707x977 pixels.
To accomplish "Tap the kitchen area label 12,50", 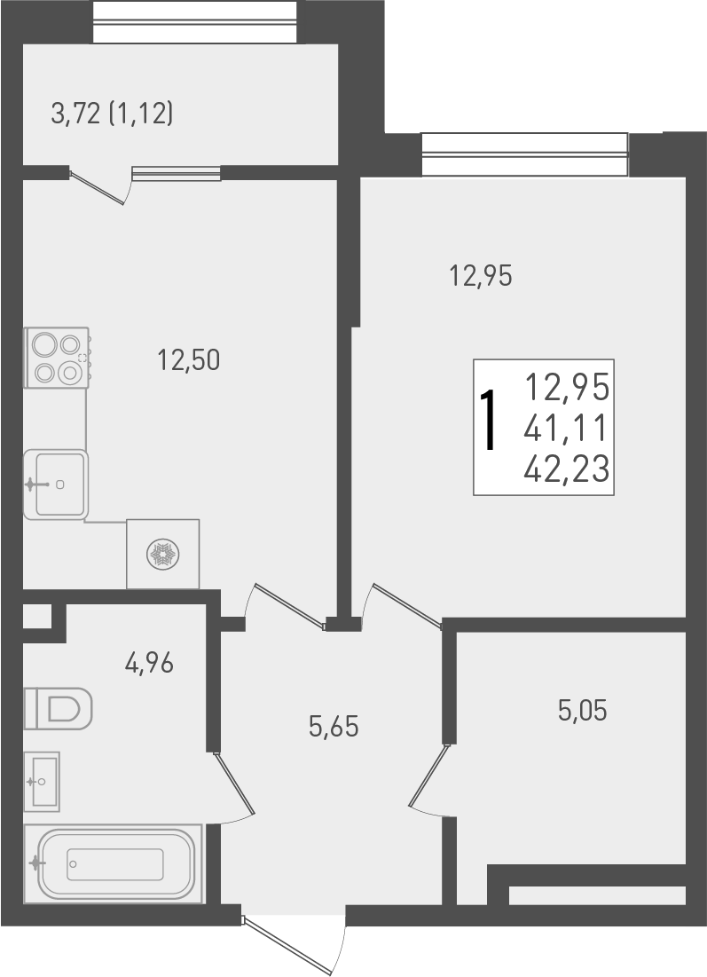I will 187,359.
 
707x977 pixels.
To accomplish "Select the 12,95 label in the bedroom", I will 482,277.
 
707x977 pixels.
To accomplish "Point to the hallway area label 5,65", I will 333,727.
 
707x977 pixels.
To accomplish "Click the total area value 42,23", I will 566,467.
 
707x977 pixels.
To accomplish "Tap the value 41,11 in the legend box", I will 566,428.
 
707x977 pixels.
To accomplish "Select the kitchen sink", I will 57,485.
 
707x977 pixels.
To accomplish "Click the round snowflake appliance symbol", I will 163,555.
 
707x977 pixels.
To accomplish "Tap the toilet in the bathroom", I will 59,708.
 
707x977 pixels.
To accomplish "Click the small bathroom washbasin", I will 42,781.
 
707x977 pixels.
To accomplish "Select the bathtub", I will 114,863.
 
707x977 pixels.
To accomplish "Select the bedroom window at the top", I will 524,154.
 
